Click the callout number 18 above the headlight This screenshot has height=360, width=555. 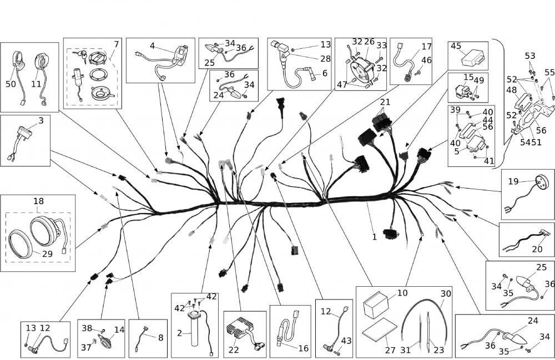coord(38,201)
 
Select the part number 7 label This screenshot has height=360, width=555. coord(116,44)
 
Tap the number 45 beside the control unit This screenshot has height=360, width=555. coord(456,47)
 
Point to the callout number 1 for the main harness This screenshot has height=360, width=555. coord(375,236)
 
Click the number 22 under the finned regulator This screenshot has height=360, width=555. coord(234,349)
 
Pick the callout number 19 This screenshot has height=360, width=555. coord(513,181)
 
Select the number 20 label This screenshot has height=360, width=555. coord(537,249)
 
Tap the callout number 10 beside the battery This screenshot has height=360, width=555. coord(402,292)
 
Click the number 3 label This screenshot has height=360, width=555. coord(41,120)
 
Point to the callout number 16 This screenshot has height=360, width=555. coord(303,348)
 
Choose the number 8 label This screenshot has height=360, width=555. coord(160,337)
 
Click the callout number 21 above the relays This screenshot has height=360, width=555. coord(385,103)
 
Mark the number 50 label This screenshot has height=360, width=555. coord(11,84)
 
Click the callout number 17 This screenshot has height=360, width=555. coord(426,47)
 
